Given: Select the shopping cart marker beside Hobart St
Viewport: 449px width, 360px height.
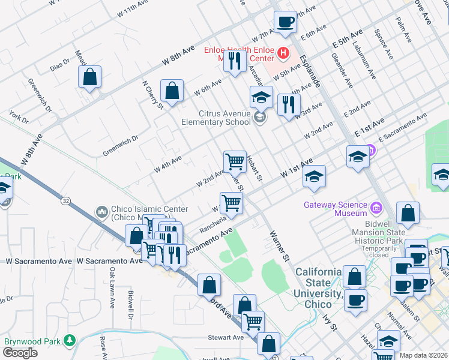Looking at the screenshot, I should (235, 161).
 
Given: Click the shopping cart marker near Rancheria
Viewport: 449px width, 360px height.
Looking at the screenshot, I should (231, 203).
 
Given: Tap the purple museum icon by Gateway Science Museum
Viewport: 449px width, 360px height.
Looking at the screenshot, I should (376, 208).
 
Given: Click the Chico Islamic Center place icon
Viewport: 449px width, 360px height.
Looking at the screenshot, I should (101, 212).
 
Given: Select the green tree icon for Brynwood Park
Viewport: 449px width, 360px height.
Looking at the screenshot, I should (70, 341).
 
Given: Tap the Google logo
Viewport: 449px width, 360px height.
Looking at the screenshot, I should (19, 352).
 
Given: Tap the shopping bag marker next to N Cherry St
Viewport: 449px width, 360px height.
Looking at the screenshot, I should (172, 91).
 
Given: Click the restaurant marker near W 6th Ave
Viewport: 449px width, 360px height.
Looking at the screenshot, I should (235, 61).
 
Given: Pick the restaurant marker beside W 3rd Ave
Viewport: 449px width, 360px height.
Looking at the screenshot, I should (289, 104).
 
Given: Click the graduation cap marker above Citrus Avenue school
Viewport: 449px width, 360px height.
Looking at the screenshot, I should (261, 97).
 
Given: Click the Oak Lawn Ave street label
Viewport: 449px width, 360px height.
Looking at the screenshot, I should (112, 287).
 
